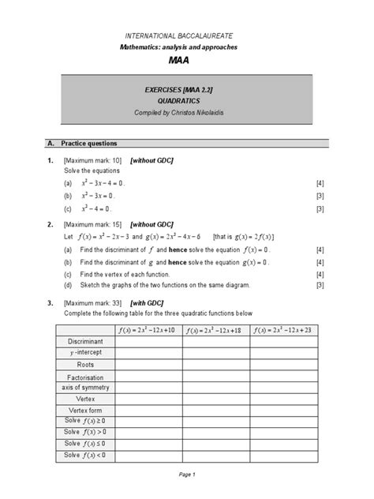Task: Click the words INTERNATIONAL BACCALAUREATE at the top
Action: [187, 37]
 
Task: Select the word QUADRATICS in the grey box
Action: [187, 101]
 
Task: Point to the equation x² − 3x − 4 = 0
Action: [103, 183]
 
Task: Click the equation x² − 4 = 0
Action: [97, 209]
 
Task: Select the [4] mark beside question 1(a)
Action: [320, 183]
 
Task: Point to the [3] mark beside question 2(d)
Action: [320, 284]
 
